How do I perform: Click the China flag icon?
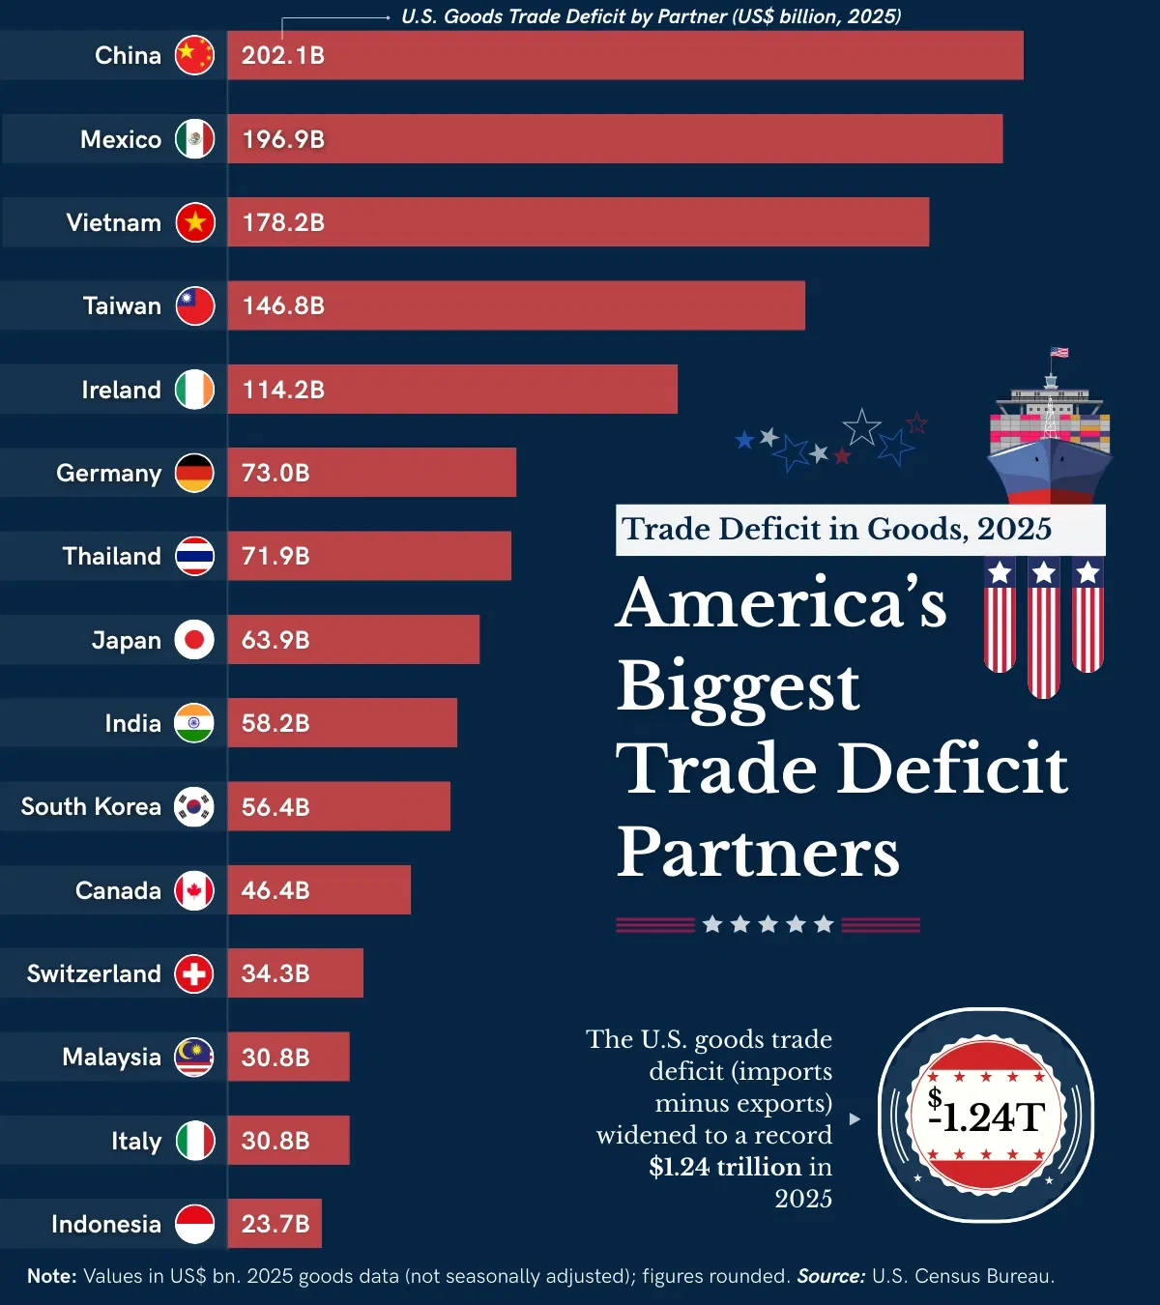(194, 55)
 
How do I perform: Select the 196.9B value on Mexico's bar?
(282, 139)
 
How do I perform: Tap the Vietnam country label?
(113, 222)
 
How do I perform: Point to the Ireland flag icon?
(194, 390)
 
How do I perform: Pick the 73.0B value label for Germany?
(275, 473)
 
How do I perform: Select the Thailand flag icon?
(194, 556)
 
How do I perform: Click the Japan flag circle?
(194, 640)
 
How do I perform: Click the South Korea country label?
(91, 806)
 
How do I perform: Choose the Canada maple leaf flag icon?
(194, 890)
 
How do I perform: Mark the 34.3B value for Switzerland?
(275, 973)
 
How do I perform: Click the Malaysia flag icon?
(194, 1057)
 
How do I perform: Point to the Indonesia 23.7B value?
(275, 1224)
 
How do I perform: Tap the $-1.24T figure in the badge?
(986, 1116)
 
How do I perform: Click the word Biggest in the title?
(738, 685)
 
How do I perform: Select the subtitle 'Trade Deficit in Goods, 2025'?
(836, 529)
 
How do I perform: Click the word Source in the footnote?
(830, 1276)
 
